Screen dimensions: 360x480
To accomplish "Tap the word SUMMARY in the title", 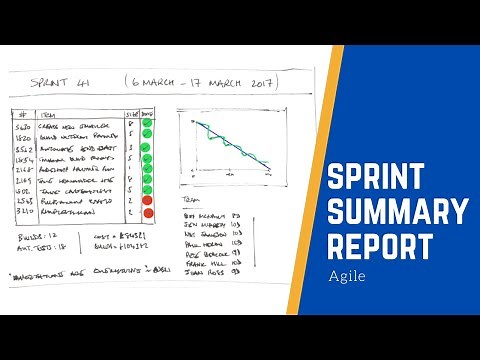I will pos(397,213).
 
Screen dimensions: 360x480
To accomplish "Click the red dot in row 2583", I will pos(147,200).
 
